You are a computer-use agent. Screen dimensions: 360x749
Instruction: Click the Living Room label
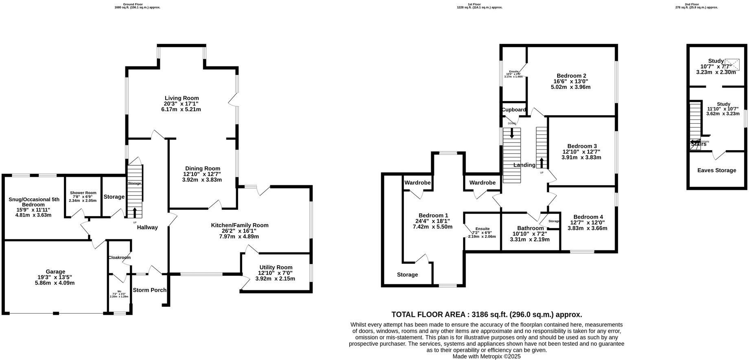point(182,98)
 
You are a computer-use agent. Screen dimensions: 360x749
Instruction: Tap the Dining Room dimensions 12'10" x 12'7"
point(202,174)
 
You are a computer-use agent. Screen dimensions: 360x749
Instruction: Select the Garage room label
point(55,272)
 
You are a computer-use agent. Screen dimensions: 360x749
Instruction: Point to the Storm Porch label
point(149,290)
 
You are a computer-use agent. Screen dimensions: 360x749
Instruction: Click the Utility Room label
point(276,267)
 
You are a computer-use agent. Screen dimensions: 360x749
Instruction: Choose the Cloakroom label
point(119,257)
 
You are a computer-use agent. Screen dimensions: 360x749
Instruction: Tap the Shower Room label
point(83,193)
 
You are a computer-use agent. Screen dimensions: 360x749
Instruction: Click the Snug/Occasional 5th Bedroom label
point(34,202)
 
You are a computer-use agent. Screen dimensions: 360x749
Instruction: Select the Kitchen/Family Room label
point(239,225)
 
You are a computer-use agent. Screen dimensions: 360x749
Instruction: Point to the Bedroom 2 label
point(571,76)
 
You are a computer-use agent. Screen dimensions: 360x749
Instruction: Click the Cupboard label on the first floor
point(513,110)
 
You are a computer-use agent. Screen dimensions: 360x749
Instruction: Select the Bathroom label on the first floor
point(530,228)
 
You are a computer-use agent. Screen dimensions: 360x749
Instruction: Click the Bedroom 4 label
point(588,217)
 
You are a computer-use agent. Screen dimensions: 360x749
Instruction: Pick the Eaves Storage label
point(716,170)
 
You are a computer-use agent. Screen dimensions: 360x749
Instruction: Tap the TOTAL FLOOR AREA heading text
point(486,314)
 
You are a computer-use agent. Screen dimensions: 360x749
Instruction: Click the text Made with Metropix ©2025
point(486,356)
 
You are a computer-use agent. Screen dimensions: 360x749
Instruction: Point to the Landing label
point(524,165)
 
